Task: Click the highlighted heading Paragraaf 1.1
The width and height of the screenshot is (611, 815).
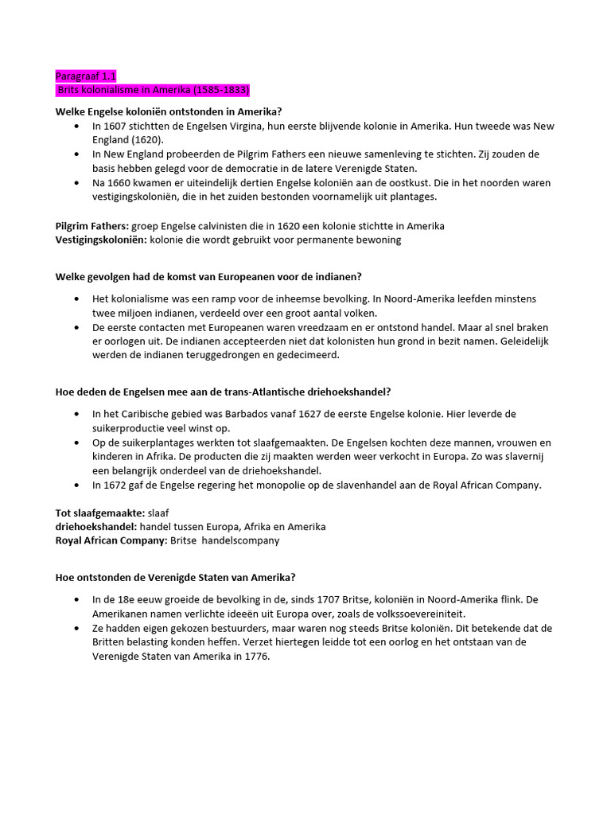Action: pos(85,76)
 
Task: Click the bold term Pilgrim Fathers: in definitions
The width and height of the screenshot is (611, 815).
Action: pos(91,226)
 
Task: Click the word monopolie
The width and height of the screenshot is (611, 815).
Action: pos(286,485)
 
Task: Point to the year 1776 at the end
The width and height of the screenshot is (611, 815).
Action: pos(254,657)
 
